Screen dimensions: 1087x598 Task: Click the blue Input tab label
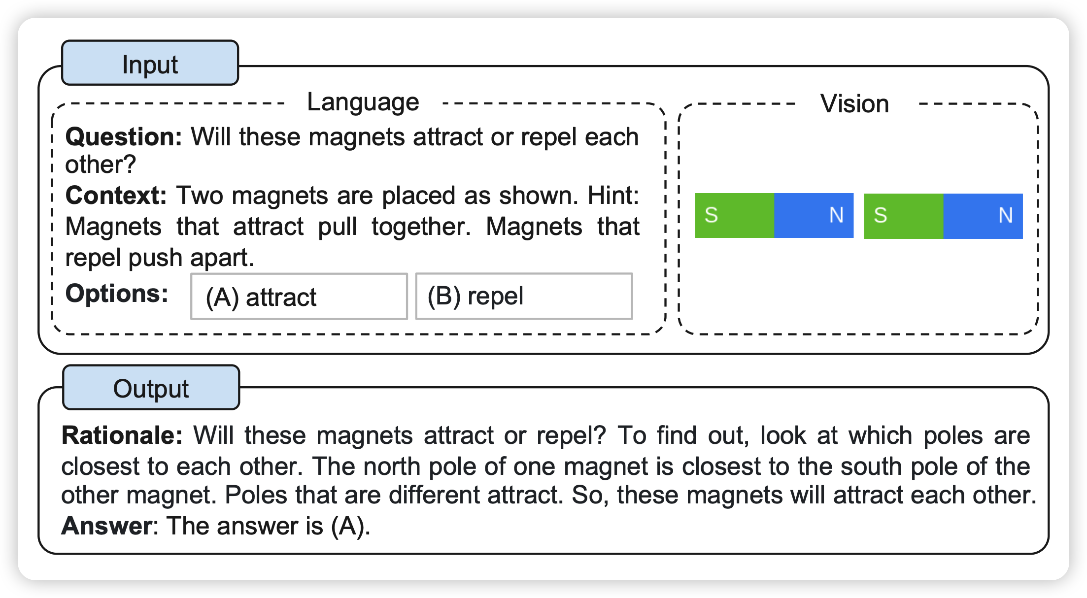coord(150,63)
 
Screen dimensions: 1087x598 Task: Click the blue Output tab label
coord(151,388)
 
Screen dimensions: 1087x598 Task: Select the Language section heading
coord(363,102)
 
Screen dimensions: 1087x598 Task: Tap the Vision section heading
coord(854,103)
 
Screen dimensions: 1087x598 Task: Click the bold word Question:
coord(124,136)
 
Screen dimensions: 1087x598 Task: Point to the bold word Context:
coord(116,195)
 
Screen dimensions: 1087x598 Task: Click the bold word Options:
coord(117,294)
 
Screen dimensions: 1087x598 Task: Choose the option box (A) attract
coord(299,297)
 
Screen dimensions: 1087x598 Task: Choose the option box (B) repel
coord(524,297)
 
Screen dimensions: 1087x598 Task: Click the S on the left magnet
coord(711,215)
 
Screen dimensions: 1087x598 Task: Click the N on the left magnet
coord(836,215)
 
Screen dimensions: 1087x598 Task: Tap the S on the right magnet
coord(881,215)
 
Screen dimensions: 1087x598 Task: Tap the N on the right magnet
coord(1006,215)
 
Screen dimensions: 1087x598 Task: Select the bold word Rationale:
coord(122,435)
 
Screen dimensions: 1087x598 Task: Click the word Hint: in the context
coord(613,195)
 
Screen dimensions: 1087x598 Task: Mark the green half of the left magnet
coord(734,216)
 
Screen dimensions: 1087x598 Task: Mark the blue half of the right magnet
coord(983,216)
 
